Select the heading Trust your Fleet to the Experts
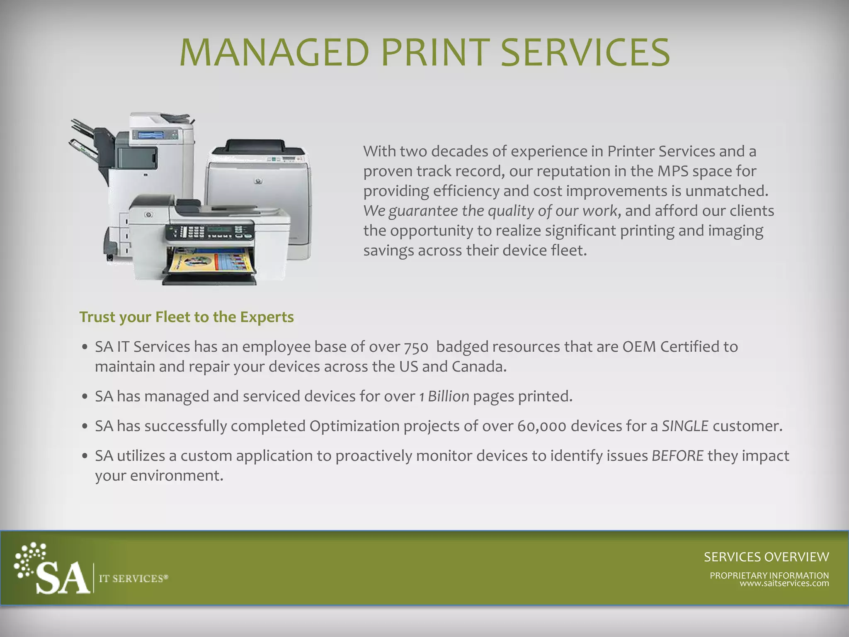click(187, 317)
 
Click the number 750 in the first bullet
click(416, 347)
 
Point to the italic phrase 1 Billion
click(444, 396)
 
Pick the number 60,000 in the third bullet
click(541, 426)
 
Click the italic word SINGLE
click(685, 426)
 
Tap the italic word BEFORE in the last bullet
click(677, 456)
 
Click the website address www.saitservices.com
click(784, 584)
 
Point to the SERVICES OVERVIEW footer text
click(766, 557)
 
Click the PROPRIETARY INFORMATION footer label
click(769, 575)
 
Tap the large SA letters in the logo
click(63, 579)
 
